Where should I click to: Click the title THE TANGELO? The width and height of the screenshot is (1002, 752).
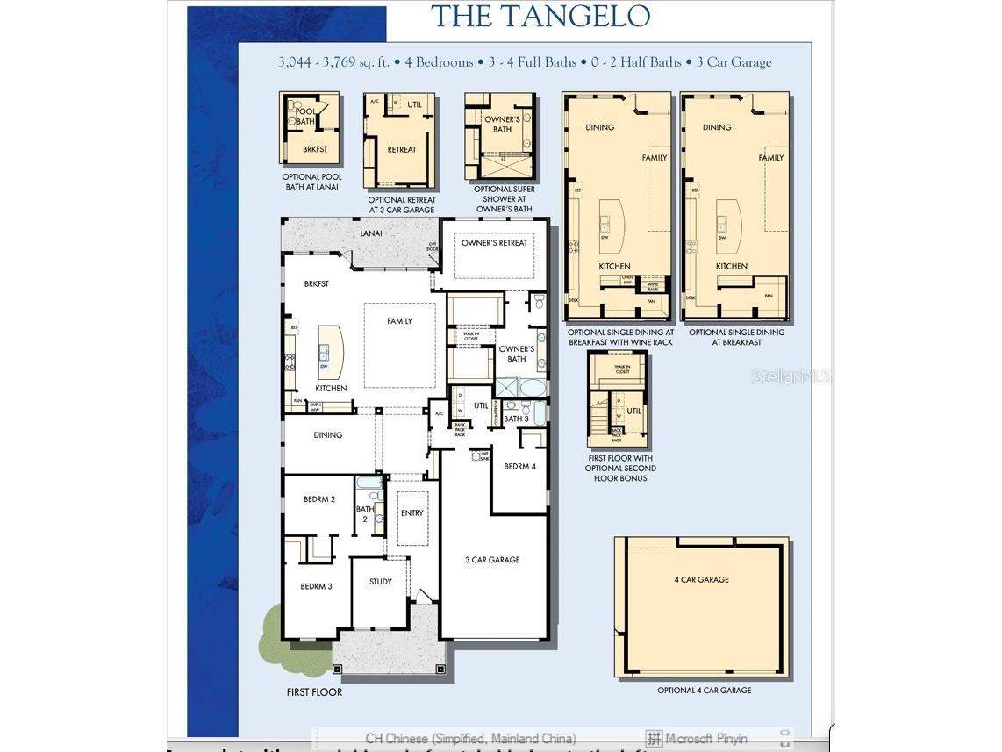(541, 16)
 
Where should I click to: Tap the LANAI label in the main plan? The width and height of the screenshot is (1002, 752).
(370, 233)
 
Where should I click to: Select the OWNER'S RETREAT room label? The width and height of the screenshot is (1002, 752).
(495, 243)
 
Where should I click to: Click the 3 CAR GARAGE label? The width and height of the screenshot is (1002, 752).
(492, 560)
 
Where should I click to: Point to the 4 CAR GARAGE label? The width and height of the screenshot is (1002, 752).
(701, 580)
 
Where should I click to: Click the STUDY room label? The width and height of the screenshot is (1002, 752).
(380, 582)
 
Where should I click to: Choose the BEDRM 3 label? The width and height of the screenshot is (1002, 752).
(316, 586)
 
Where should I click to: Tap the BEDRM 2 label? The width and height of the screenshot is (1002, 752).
(319, 499)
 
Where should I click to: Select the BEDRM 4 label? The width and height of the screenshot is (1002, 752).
(519, 467)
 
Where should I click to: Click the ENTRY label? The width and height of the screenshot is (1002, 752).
(412, 513)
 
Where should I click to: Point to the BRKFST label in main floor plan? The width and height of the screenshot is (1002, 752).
(317, 284)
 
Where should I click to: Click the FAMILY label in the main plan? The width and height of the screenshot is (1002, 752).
(399, 321)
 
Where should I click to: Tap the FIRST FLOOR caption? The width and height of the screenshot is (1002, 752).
(314, 692)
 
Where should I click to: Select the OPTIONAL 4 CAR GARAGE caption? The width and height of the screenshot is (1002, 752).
(704, 691)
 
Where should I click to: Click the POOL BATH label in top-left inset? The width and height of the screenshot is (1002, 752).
(304, 117)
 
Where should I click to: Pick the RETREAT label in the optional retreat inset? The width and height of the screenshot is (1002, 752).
(401, 150)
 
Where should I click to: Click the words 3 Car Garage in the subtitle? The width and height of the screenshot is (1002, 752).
(734, 62)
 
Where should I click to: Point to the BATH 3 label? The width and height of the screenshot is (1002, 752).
(516, 419)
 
